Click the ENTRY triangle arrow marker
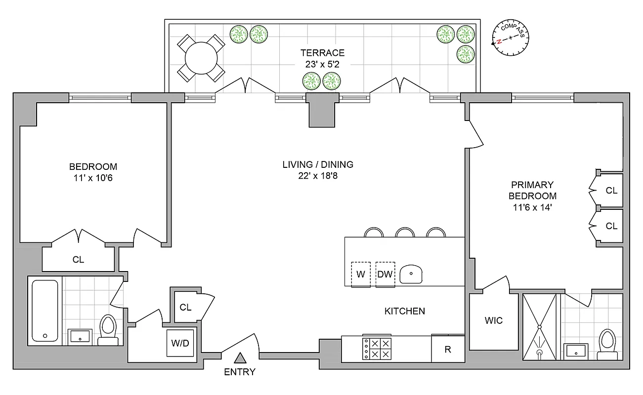tap(240, 358)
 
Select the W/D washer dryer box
tap(179, 342)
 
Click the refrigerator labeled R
tap(448, 350)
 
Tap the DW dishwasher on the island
tap(385, 274)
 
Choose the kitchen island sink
tap(411, 273)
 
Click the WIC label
tap(493, 320)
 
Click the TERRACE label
tap(322, 53)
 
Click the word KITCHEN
tap(404, 311)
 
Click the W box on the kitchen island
tap(361, 274)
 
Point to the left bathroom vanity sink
tap(79, 337)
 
